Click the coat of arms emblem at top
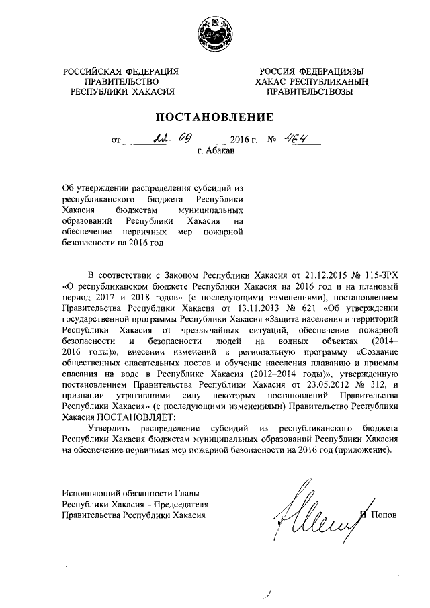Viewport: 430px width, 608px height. tap(214, 31)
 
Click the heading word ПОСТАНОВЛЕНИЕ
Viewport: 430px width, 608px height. tap(214, 117)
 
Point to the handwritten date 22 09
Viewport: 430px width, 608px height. tap(171, 140)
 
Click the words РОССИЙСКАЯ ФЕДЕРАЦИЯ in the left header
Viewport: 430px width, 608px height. tap(121, 71)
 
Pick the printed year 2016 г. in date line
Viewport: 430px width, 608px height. tap(244, 142)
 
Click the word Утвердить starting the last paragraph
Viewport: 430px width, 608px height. tap(110, 428)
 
